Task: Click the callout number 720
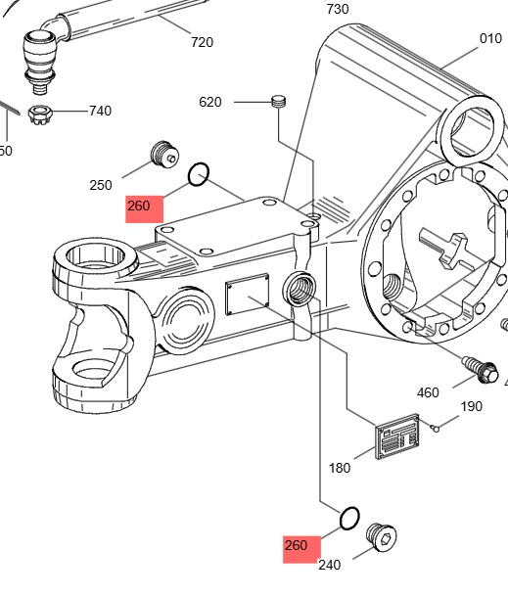coord(202,42)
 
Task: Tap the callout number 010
coord(490,38)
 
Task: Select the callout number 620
coord(210,102)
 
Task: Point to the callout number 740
coord(101,111)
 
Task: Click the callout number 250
coord(101,185)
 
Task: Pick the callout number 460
coord(428,392)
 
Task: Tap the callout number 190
coord(472,406)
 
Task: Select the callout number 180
coord(340,468)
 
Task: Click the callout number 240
coord(329,566)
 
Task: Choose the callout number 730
coord(338,9)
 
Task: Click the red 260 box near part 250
coord(145,209)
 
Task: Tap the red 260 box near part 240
coord(301,549)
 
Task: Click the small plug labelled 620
coord(279,102)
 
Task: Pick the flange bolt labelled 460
coord(481,369)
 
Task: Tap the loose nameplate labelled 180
coord(397,436)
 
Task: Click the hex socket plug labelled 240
coord(382,536)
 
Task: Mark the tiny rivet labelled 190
coord(436,429)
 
